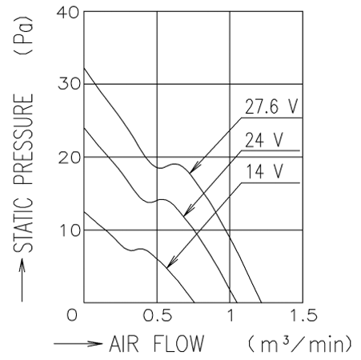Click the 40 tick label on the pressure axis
click(x=68, y=13)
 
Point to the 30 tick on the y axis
click(x=69, y=84)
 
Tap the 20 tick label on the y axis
click(x=69, y=158)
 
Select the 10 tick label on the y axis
click(x=70, y=231)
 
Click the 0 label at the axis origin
click(x=72, y=315)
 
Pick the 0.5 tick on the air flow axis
click(x=157, y=315)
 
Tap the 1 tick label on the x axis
click(x=231, y=315)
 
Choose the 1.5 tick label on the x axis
click(x=303, y=315)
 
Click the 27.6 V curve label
click(x=271, y=106)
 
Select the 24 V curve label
click(x=264, y=140)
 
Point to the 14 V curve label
click(x=264, y=172)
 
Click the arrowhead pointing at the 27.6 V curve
click(x=194, y=168)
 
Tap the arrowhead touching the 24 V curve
click(x=188, y=210)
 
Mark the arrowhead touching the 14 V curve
click(x=171, y=262)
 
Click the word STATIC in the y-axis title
click(x=23, y=224)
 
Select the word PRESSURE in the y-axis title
click(x=23, y=139)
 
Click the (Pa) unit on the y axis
click(x=23, y=35)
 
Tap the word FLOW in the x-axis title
click(x=178, y=344)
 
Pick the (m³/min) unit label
click(x=300, y=344)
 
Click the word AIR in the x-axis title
click(x=124, y=344)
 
